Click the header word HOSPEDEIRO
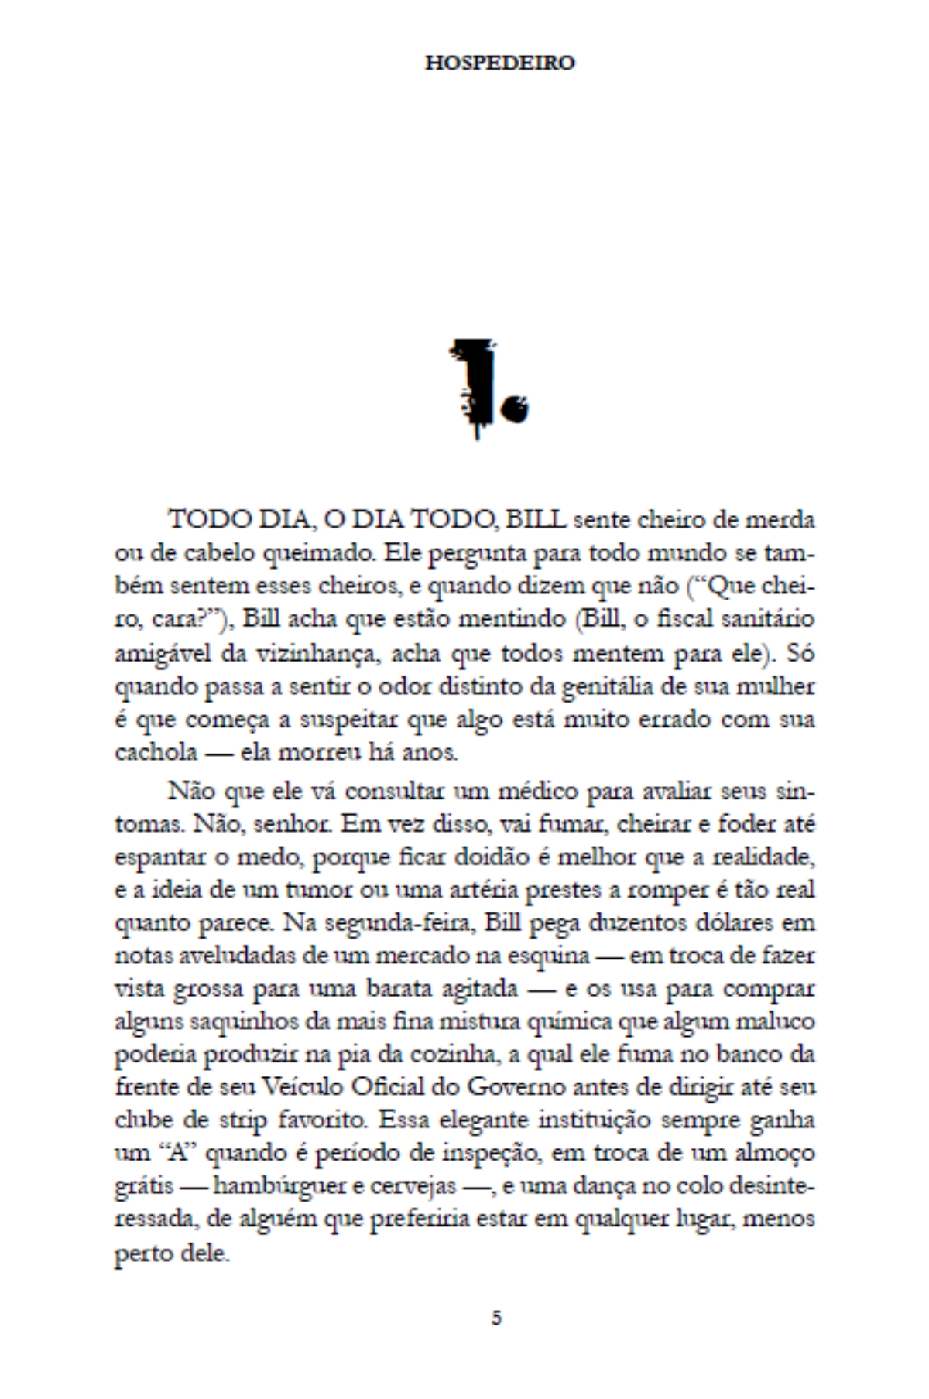[499, 63]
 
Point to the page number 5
[496, 1318]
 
